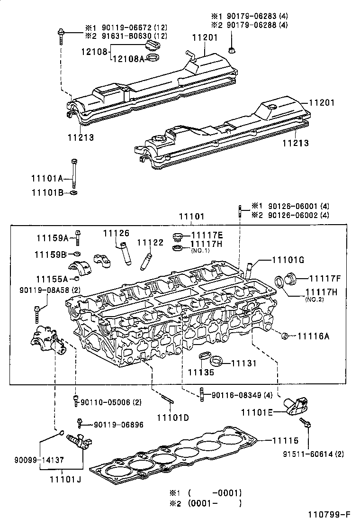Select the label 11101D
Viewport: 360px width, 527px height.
tap(173, 418)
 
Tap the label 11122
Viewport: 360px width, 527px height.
tap(150, 242)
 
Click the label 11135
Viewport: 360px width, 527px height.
tap(201, 372)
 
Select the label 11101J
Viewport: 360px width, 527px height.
tap(65, 479)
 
